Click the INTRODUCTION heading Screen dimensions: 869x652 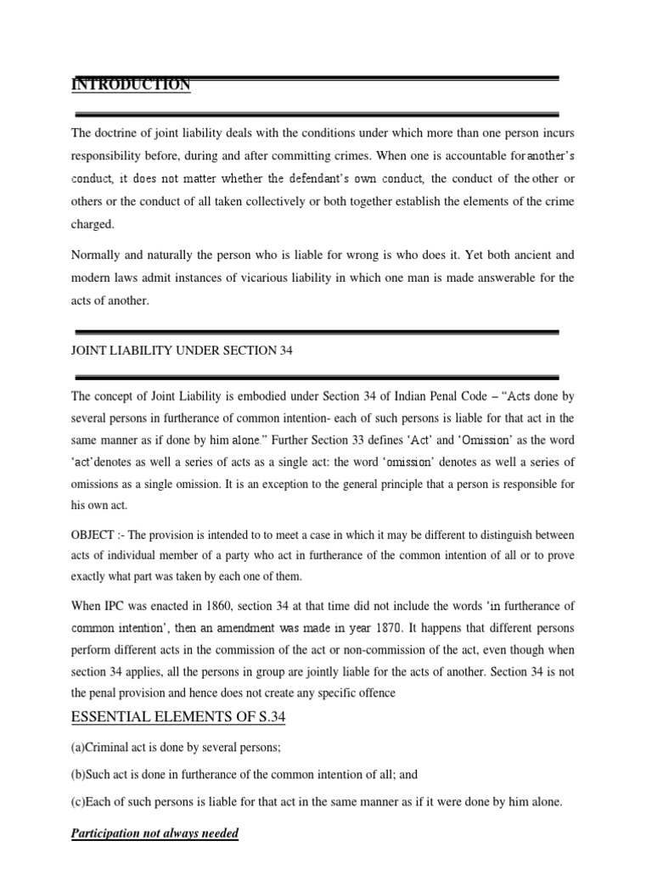[x=131, y=85]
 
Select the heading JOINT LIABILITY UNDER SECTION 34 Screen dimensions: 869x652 [x=182, y=350]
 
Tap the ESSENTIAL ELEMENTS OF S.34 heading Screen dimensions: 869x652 [x=178, y=718]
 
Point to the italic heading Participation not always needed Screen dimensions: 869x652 [x=155, y=833]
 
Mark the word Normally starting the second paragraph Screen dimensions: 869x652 [x=97, y=255]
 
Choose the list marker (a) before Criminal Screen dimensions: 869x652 [x=79, y=749]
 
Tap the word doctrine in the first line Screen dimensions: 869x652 [x=119, y=132]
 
